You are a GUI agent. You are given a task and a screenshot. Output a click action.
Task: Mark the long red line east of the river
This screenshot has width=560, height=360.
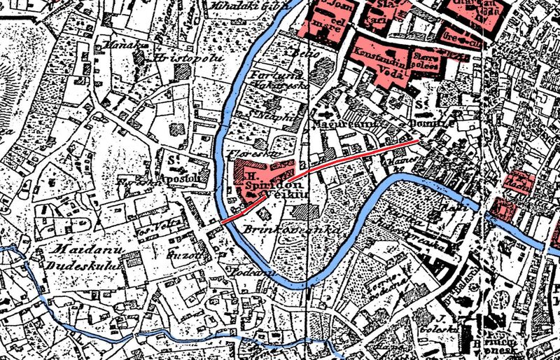click(x=364, y=155)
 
